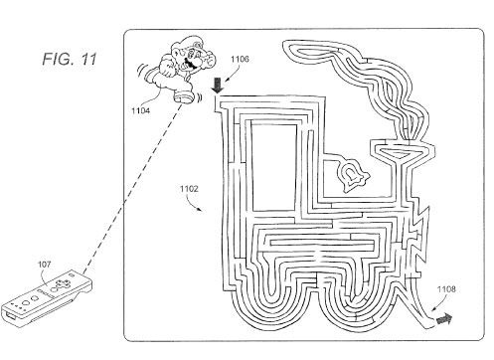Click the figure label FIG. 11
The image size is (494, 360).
click(x=70, y=59)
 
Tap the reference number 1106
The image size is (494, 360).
click(x=240, y=59)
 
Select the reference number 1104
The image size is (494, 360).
click(x=140, y=110)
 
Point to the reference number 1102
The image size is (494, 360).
click(x=189, y=189)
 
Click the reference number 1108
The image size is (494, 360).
click(x=446, y=289)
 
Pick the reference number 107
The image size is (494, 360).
click(x=45, y=265)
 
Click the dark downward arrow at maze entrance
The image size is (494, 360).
click(x=218, y=86)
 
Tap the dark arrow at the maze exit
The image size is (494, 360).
click(x=444, y=319)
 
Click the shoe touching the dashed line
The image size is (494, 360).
click(x=184, y=97)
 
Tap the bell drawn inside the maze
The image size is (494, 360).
click(x=352, y=175)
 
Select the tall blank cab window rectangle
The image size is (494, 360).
click(x=273, y=167)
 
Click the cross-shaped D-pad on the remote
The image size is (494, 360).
click(x=62, y=284)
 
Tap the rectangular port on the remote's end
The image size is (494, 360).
click(x=10, y=316)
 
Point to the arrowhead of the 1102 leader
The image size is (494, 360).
click(x=200, y=210)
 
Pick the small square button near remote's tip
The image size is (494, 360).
click(x=72, y=274)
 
